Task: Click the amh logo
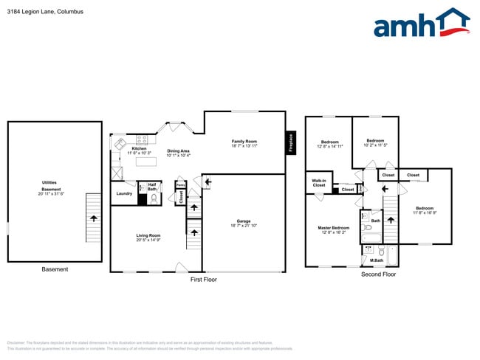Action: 421,24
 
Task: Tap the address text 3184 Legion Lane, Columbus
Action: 45,13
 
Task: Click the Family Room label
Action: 244,141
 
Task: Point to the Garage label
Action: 244,221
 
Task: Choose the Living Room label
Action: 148,235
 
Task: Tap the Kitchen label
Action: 139,148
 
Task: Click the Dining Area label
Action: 179,151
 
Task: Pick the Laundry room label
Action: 124,193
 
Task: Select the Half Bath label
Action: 152,187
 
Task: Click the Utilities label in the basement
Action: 49,182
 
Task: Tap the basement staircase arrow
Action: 93,218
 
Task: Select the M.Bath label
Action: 376,260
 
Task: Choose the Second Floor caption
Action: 378,274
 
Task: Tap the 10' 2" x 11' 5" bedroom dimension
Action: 375,145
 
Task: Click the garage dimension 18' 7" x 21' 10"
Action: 244,226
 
